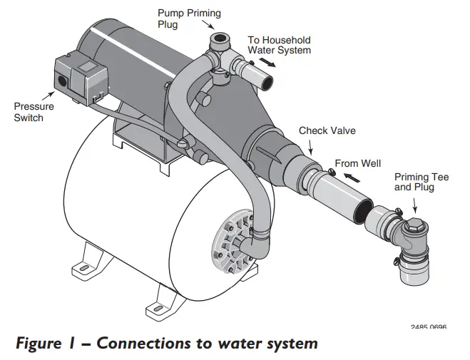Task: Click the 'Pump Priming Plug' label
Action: [x=188, y=19]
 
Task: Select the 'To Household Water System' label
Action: [x=279, y=45]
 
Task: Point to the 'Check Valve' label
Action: [x=327, y=130]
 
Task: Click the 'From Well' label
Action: [x=357, y=163]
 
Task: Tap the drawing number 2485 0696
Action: [x=429, y=328]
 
